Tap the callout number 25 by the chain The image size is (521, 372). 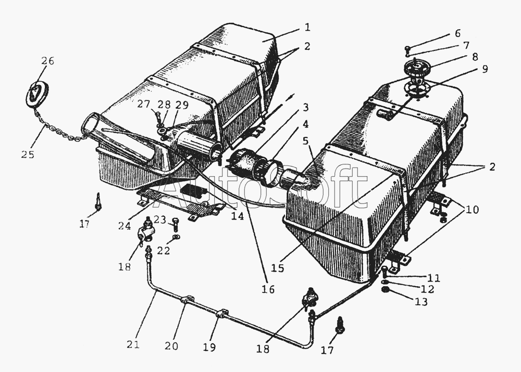coord(28,155)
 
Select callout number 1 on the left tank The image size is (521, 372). coord(307,27)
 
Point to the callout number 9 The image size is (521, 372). coord(485,69)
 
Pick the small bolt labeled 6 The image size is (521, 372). coord(408,50)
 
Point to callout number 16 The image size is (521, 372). coord(269,289)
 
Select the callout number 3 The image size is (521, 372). coord(305,107)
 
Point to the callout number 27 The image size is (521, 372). coord(143,104)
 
